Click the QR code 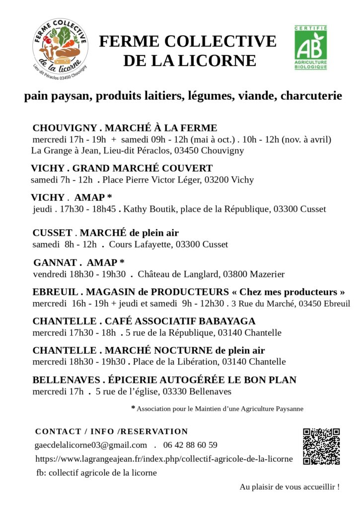[x=321, y=446]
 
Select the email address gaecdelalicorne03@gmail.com [x=91, y=445]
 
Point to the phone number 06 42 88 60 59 [x=191, y=445]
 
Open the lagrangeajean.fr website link [x=164, y=459]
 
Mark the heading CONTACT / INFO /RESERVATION [x=112, y=432]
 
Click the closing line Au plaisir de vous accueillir [x=289, y=487]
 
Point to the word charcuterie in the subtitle [x=311, y=96]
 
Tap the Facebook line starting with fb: [x=96, y=473]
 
